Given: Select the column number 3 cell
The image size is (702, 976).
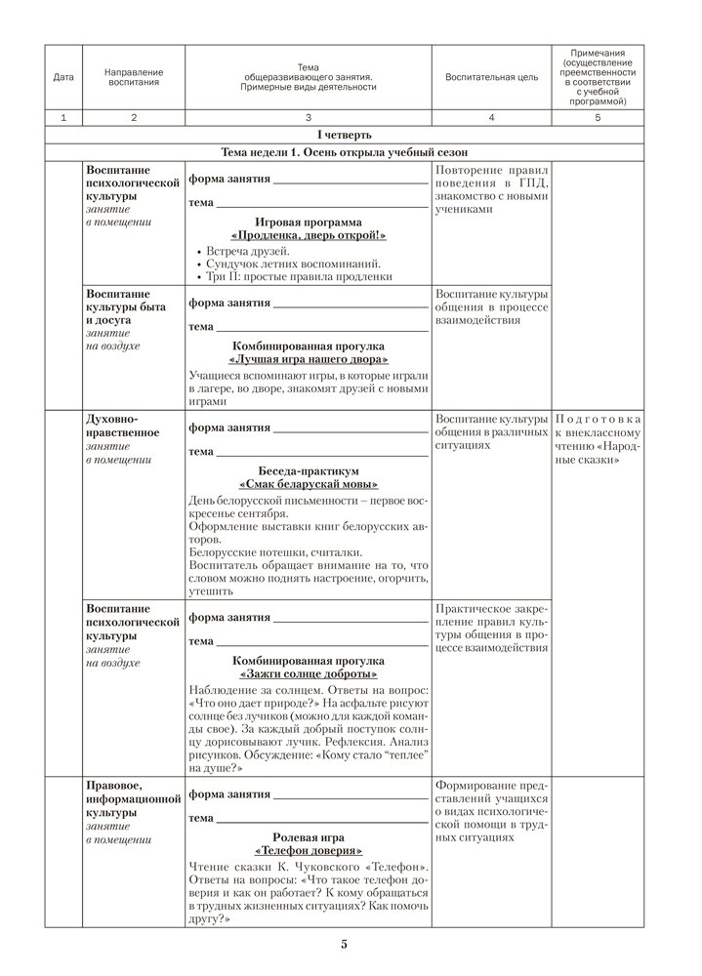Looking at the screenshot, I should coord(308,117).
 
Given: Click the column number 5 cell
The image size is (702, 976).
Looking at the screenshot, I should coord(598,117).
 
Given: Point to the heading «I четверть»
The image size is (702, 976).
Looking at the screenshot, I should coord(345,134).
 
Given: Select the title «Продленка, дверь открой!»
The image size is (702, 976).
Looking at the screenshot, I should coord(308,236).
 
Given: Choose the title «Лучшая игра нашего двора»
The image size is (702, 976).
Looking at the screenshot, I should coord(308,360).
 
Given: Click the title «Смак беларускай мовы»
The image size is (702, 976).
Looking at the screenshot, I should coord(308,484).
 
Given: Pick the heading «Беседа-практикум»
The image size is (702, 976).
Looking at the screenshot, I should coord(308,469).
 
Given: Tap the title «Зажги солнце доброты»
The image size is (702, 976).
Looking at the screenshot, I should coord(308,674).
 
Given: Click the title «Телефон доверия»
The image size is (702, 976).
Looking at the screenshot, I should coord(308,849).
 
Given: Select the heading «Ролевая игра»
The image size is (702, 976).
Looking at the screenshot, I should coord(308,835).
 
